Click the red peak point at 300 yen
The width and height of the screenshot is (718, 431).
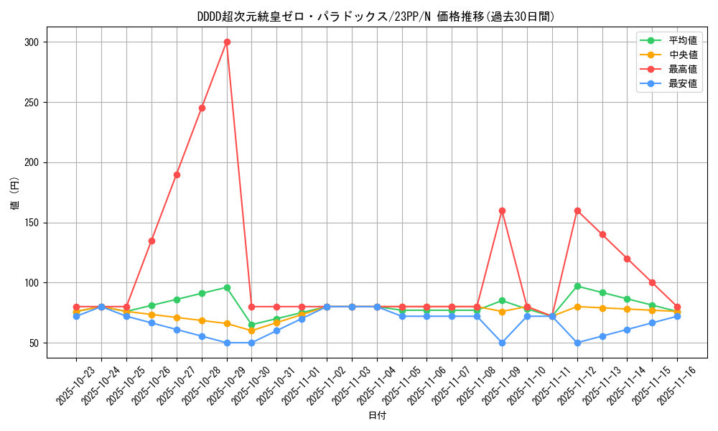(x=227, y=42)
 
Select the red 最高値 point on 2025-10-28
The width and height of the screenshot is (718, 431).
(x=202, y=108)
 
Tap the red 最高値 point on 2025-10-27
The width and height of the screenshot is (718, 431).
(x=177, y=175)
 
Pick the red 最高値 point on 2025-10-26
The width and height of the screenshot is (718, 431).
(x=151, y=241)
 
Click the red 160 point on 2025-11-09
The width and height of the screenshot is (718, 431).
(x=502, y=210)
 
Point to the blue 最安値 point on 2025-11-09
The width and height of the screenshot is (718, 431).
(x=502, y=343)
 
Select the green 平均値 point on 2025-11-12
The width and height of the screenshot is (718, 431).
(x=577, y=286)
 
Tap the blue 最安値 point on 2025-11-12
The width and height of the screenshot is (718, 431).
(x=577, y=343)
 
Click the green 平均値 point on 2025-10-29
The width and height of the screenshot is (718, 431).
(x=227, y=287)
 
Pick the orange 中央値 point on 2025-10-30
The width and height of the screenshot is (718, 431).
(x=251, y=330)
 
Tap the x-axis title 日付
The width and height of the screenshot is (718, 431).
(x=377, y=416)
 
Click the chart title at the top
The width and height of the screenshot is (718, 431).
(x=376, y=17)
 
